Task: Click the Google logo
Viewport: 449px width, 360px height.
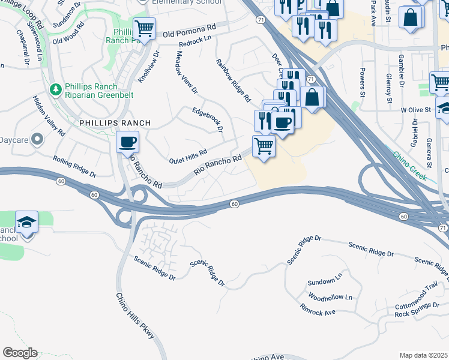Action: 20,353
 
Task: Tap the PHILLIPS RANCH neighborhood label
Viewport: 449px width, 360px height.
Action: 115,122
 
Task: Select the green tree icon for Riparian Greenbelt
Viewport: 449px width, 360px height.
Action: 56,89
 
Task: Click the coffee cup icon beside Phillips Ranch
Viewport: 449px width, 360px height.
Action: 127,143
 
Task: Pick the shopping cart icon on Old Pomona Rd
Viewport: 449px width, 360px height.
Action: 144,28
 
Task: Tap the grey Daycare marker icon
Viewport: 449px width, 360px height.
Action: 37,140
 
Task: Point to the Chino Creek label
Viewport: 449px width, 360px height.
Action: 410,166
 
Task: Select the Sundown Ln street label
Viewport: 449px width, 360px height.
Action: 324,281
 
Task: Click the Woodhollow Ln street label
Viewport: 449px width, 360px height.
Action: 330,297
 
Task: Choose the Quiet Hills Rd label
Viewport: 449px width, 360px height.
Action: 188,155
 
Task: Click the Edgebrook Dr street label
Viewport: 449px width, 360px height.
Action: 208,119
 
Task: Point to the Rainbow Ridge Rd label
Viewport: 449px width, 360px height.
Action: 234,80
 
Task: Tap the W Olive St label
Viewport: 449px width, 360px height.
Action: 416,110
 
